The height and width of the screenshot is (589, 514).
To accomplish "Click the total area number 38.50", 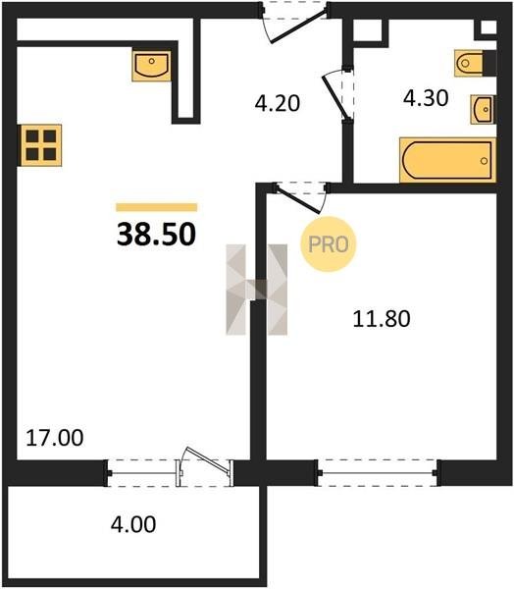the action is [x=156, y=234].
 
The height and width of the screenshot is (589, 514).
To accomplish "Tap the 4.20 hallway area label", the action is [x=277, y=103].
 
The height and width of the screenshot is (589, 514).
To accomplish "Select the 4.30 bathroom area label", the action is [x=426, y=98].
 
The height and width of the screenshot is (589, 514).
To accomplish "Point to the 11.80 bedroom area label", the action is [x=382, y=319].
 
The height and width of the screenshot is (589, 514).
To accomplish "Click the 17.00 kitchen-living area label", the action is [x=55, y=438].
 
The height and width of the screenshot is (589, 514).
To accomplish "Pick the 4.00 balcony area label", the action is [x=133, y=524].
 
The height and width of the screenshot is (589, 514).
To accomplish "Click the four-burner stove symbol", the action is [x=40, y=145].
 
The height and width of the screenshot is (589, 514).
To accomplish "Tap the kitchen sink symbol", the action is [x=151, y=66].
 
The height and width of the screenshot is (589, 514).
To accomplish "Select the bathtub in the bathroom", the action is [x=447, y=160].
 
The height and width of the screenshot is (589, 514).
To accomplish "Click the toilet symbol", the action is [x=474, y=63].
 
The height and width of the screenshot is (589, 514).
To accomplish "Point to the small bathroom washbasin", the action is [x=483, y=109].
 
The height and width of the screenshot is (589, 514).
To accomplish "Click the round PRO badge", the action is [x=328, y=244].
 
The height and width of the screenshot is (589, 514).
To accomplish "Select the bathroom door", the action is [x=337, y=94].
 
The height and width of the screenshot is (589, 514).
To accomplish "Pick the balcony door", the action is [x=205, y=466].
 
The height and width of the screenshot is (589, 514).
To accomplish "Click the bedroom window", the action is [x=378, y=472].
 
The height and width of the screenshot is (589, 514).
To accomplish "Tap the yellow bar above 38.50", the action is [x=157, y=207].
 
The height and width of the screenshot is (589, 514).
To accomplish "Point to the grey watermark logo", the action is [x=257, y=290].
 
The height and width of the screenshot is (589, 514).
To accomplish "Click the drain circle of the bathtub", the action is [x=484, y=161].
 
